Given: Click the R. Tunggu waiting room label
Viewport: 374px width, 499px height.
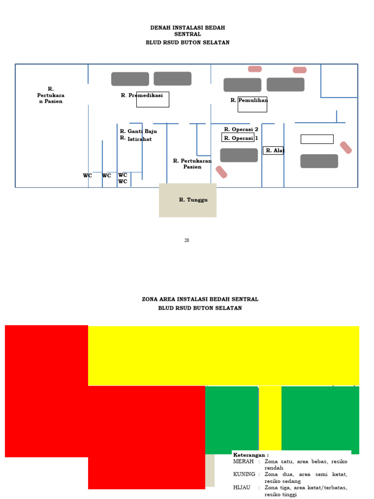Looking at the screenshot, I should [x=193, y=200].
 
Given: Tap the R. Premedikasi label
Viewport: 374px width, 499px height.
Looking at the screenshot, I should [x=142, y=96].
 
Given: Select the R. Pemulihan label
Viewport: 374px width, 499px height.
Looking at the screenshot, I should [x=249, y=100].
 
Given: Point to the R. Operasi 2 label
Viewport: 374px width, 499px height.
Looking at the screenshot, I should [x=241, y=130].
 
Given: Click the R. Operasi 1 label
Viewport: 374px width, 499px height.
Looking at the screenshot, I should [x=241, y=138].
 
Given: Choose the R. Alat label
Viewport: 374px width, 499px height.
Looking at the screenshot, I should [x=275, y=151].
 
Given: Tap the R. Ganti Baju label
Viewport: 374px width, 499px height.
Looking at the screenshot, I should [x=138, y=131].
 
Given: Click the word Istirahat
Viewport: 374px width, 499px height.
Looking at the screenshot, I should [x=140, y=139].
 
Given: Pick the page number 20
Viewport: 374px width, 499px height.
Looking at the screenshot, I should [x=187, y=240].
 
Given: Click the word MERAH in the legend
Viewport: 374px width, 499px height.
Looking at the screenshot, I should [x=243, y=461].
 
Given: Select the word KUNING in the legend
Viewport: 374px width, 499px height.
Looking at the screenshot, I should [x=244, y=474].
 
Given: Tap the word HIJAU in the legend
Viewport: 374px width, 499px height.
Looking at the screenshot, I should [x=242, y=487].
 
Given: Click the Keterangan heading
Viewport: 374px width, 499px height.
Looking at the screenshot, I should [x=251, y=455].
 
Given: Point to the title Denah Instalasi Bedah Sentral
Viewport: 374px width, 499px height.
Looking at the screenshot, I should [x=187, y=31].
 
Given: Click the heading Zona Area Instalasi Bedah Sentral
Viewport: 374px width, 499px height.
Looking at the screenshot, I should [x=200, y=299].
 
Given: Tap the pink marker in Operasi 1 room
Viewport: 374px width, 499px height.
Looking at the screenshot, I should [x=222, y=172].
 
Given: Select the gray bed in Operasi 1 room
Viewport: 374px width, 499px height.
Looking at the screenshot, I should [x=239, y=155].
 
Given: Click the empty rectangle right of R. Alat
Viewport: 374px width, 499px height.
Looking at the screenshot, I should [x=317, y=139].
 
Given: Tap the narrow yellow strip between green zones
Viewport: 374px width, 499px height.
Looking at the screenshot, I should [x=270, y=418].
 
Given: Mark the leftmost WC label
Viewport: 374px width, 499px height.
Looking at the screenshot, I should [x=87, y=176].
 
